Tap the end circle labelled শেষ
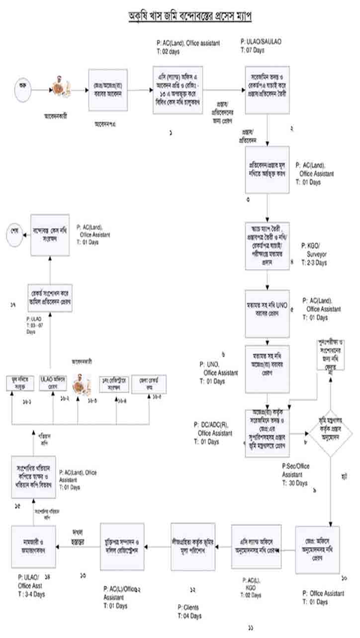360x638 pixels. pyautogui.click(x=13, y=232)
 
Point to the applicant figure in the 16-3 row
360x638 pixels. pyautogui.click(x=79, y=384)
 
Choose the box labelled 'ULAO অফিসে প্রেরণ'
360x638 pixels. pyautogui.click(x=54, y=383)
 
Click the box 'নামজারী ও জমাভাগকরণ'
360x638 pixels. pyautogui.click(x=33, y=546)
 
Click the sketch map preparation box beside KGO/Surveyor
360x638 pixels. pyautogui.click(x=268, y=246)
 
